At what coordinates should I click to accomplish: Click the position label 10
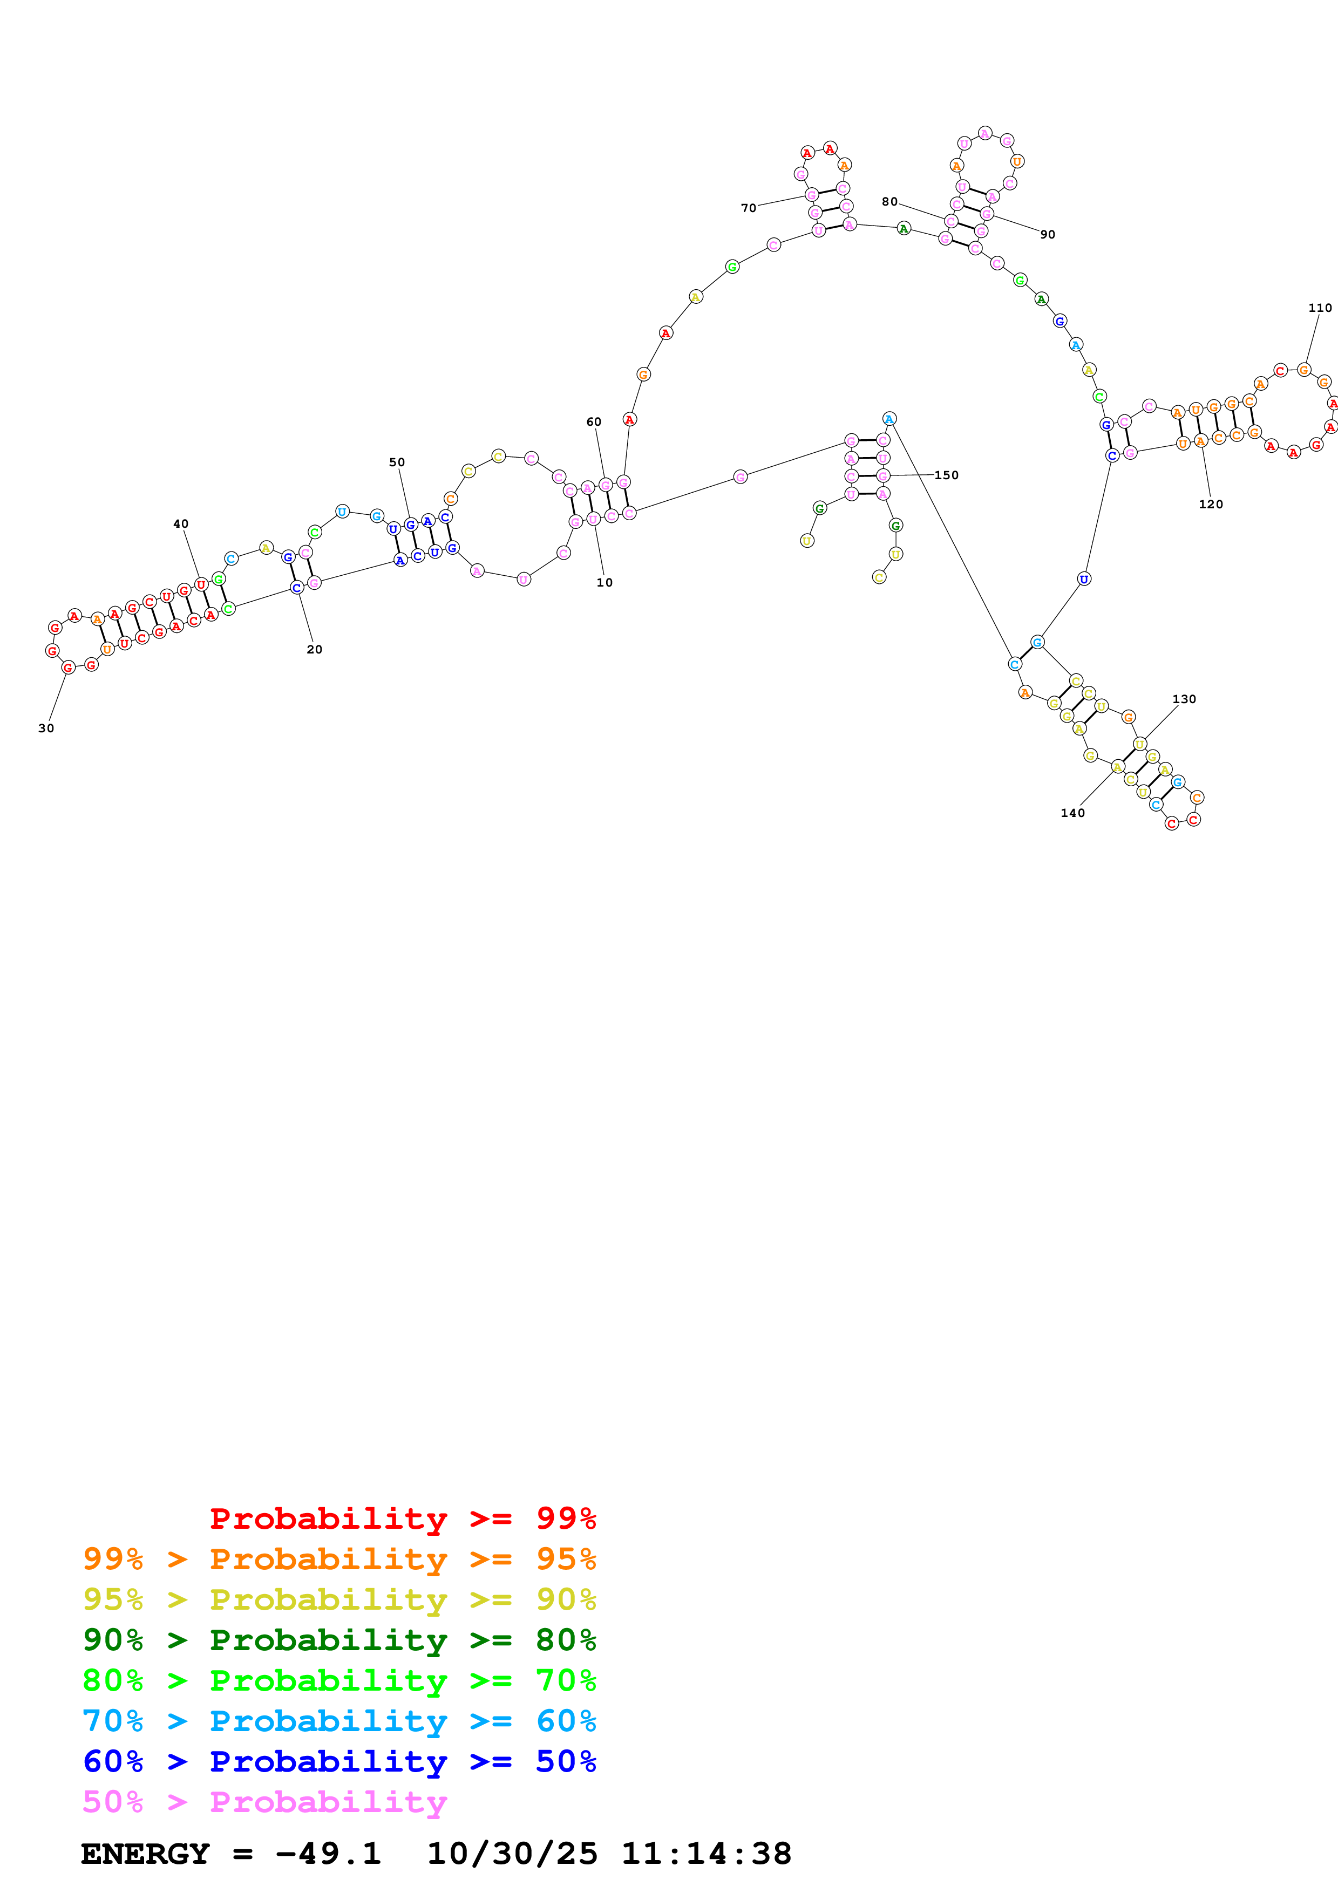click(605, 582)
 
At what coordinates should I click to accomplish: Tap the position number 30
click(46, 728)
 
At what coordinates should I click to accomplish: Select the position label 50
click(397, 462)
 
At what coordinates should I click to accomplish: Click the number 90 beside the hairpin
click(1047, 235)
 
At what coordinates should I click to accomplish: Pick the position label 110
click(1319, 308)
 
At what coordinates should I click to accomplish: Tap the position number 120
click(1210, 505)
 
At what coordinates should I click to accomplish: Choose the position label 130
click(1184, 699)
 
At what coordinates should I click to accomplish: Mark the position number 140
click(1072, 813)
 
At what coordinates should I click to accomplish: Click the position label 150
click(946, 475)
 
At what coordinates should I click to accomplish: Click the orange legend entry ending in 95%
click(339, 1558)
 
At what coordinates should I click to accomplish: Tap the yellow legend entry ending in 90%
click(339, 1599)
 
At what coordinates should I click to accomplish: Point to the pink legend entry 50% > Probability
click(264, 1801)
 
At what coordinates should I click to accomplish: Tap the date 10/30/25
click(511, 1854)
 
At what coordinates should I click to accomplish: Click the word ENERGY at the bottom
click(145, 1854)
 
